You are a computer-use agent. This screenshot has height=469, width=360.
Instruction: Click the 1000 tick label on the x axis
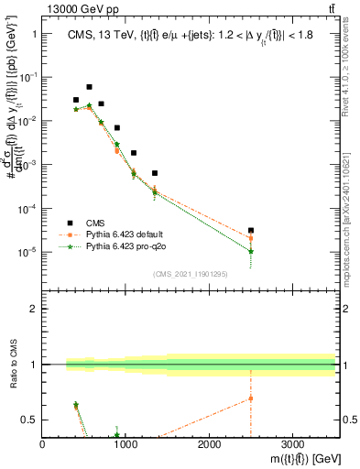[125, 443]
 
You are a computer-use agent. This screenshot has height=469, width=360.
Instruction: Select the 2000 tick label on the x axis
[209, 443]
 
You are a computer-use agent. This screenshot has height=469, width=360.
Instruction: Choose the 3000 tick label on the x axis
[292, 443]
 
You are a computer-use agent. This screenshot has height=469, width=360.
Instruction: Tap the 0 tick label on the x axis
[43, 443]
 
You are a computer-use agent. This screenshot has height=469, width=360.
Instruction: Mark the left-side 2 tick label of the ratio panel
[34, 309]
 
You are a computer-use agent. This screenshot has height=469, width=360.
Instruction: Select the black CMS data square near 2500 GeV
[251, 231]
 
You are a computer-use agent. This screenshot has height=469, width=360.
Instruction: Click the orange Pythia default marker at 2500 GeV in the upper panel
[251, 238]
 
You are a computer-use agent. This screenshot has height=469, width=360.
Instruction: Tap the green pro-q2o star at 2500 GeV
[251, 251]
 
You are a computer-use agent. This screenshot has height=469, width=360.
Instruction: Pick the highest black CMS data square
[89, 87]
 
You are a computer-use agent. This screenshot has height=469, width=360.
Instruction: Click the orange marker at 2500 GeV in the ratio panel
[251, 398]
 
